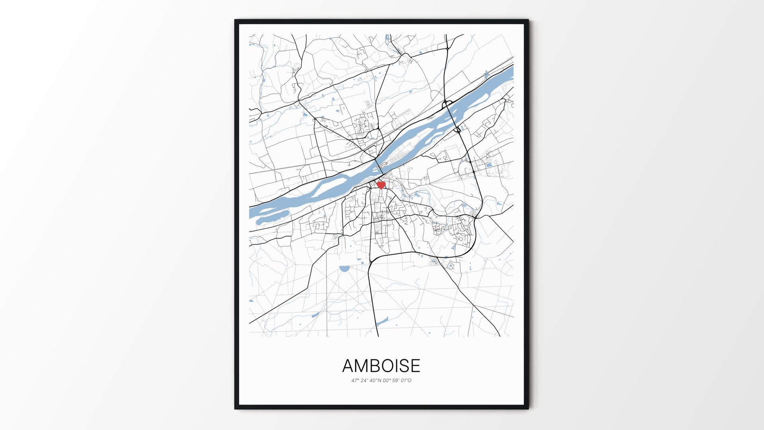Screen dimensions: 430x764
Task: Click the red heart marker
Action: click(x=381, y=185)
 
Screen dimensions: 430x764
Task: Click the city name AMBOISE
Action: click(x=381, y=365)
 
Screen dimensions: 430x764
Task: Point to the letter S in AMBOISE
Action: click(x=401, y=365)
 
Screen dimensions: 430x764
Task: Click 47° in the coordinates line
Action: click(x=355, y=381)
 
